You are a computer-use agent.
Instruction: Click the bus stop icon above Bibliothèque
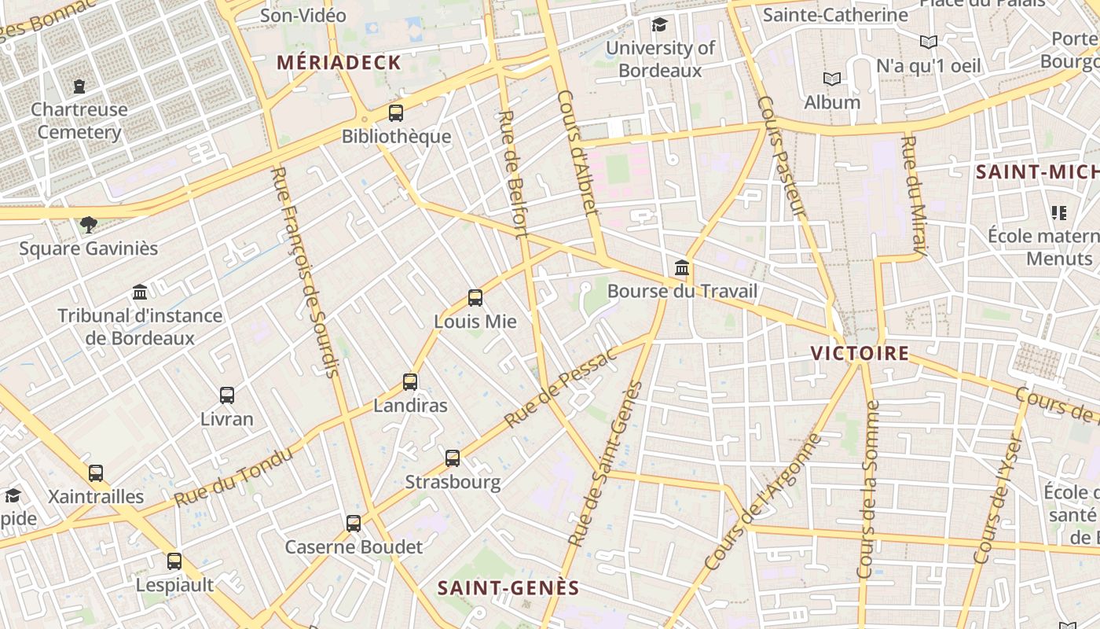(396, 112)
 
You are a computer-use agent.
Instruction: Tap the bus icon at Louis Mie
(475, 297)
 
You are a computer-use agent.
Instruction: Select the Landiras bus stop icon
(409, 382)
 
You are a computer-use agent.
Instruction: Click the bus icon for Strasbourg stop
(452, 458)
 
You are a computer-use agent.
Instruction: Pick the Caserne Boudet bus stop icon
(354, 523)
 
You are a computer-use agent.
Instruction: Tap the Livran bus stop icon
(227, 395)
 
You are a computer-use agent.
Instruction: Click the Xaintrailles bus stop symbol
(96, 473)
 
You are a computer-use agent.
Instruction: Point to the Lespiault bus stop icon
(174, 561)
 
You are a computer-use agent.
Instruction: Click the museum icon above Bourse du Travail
(682, 267)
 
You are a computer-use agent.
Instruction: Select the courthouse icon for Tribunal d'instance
(140, 292)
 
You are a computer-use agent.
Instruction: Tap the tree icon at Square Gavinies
(88, 225)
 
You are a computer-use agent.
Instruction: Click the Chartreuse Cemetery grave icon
(79, 86)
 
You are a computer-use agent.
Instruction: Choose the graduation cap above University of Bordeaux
(659, 24)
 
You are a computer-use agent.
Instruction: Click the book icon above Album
(831, 79)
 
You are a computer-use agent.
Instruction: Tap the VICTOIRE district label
(860, 353)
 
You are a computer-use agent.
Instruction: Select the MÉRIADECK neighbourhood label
(339, 63)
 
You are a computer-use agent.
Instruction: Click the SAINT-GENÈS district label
(508, 587)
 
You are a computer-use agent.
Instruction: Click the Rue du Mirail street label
(914, 195)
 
